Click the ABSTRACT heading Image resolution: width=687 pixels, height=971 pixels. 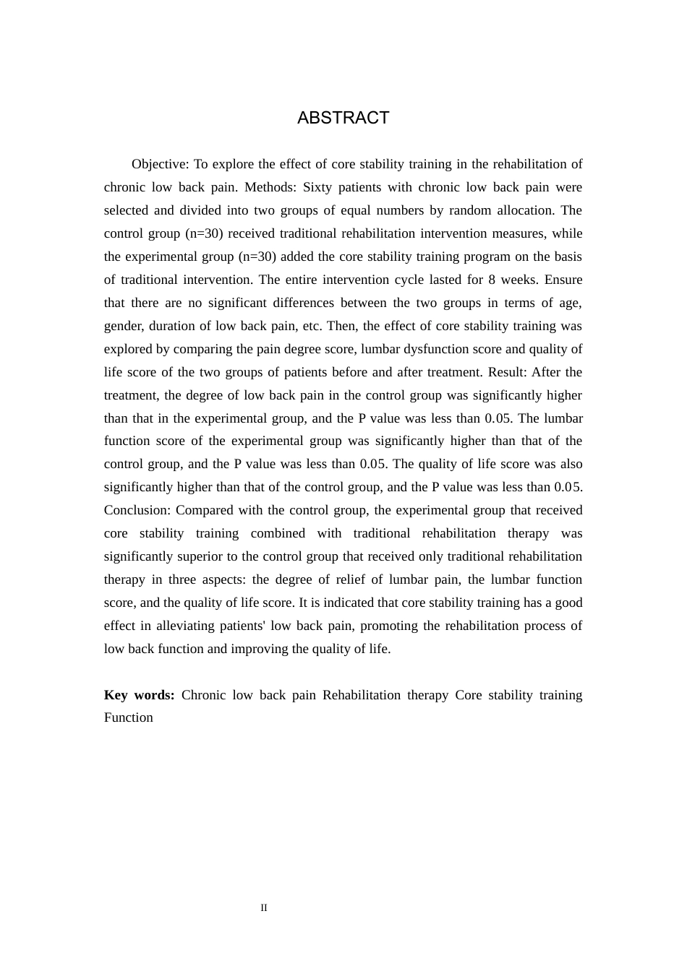[x=343, y=118]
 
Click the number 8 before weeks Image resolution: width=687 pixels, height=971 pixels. [x=492, y=280]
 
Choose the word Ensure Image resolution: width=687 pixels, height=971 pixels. [x=563, y=280]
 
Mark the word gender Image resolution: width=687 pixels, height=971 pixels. [x=123, y=326]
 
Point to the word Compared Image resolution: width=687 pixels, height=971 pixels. [x=203, y=510]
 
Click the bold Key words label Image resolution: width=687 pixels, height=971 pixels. [x=139, y=695]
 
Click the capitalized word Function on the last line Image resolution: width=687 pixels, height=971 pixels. [x=129, y=717]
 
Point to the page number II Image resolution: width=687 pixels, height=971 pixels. [x=264, y=908]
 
